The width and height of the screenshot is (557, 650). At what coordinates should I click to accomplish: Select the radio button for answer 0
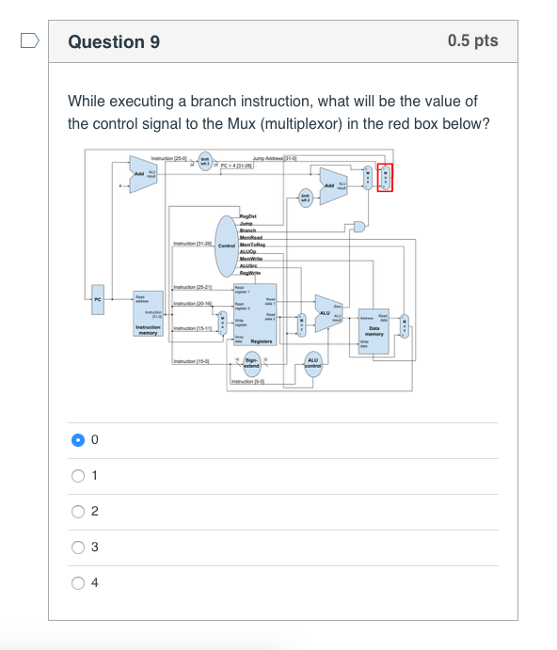coord(78,439)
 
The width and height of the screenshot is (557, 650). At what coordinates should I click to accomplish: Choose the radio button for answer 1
coord(78,475)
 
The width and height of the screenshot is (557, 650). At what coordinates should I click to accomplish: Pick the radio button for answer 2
coord(78,511)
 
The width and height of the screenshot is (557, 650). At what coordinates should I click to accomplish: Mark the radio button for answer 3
coord(78,547)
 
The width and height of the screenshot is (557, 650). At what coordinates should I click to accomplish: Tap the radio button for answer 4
coord(78,582)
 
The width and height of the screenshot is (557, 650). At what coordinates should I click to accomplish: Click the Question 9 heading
coord(114,41)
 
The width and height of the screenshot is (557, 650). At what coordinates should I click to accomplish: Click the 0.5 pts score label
coord(472,41)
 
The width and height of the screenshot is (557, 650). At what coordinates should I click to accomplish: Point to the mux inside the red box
coord(384,176)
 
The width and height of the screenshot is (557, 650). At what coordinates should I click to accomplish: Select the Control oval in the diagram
coord(226,246)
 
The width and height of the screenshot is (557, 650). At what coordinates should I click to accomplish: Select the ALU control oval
coord(313,363)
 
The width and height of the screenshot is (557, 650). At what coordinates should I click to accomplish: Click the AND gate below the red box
coord(358,226)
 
